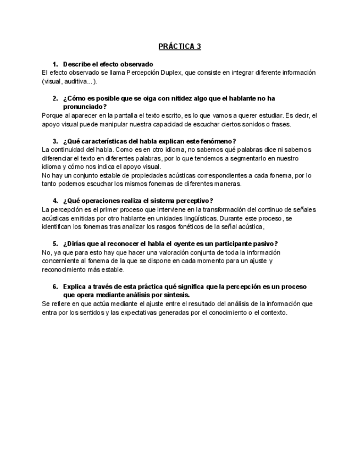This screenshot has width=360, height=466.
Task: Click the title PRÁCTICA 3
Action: (180, 46)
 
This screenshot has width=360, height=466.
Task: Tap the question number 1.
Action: (55, 64)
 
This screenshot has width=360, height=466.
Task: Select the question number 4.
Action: (55, 200)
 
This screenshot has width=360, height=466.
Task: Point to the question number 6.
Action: (55, 287)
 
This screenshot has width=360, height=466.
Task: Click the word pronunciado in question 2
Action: (83, 107)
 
